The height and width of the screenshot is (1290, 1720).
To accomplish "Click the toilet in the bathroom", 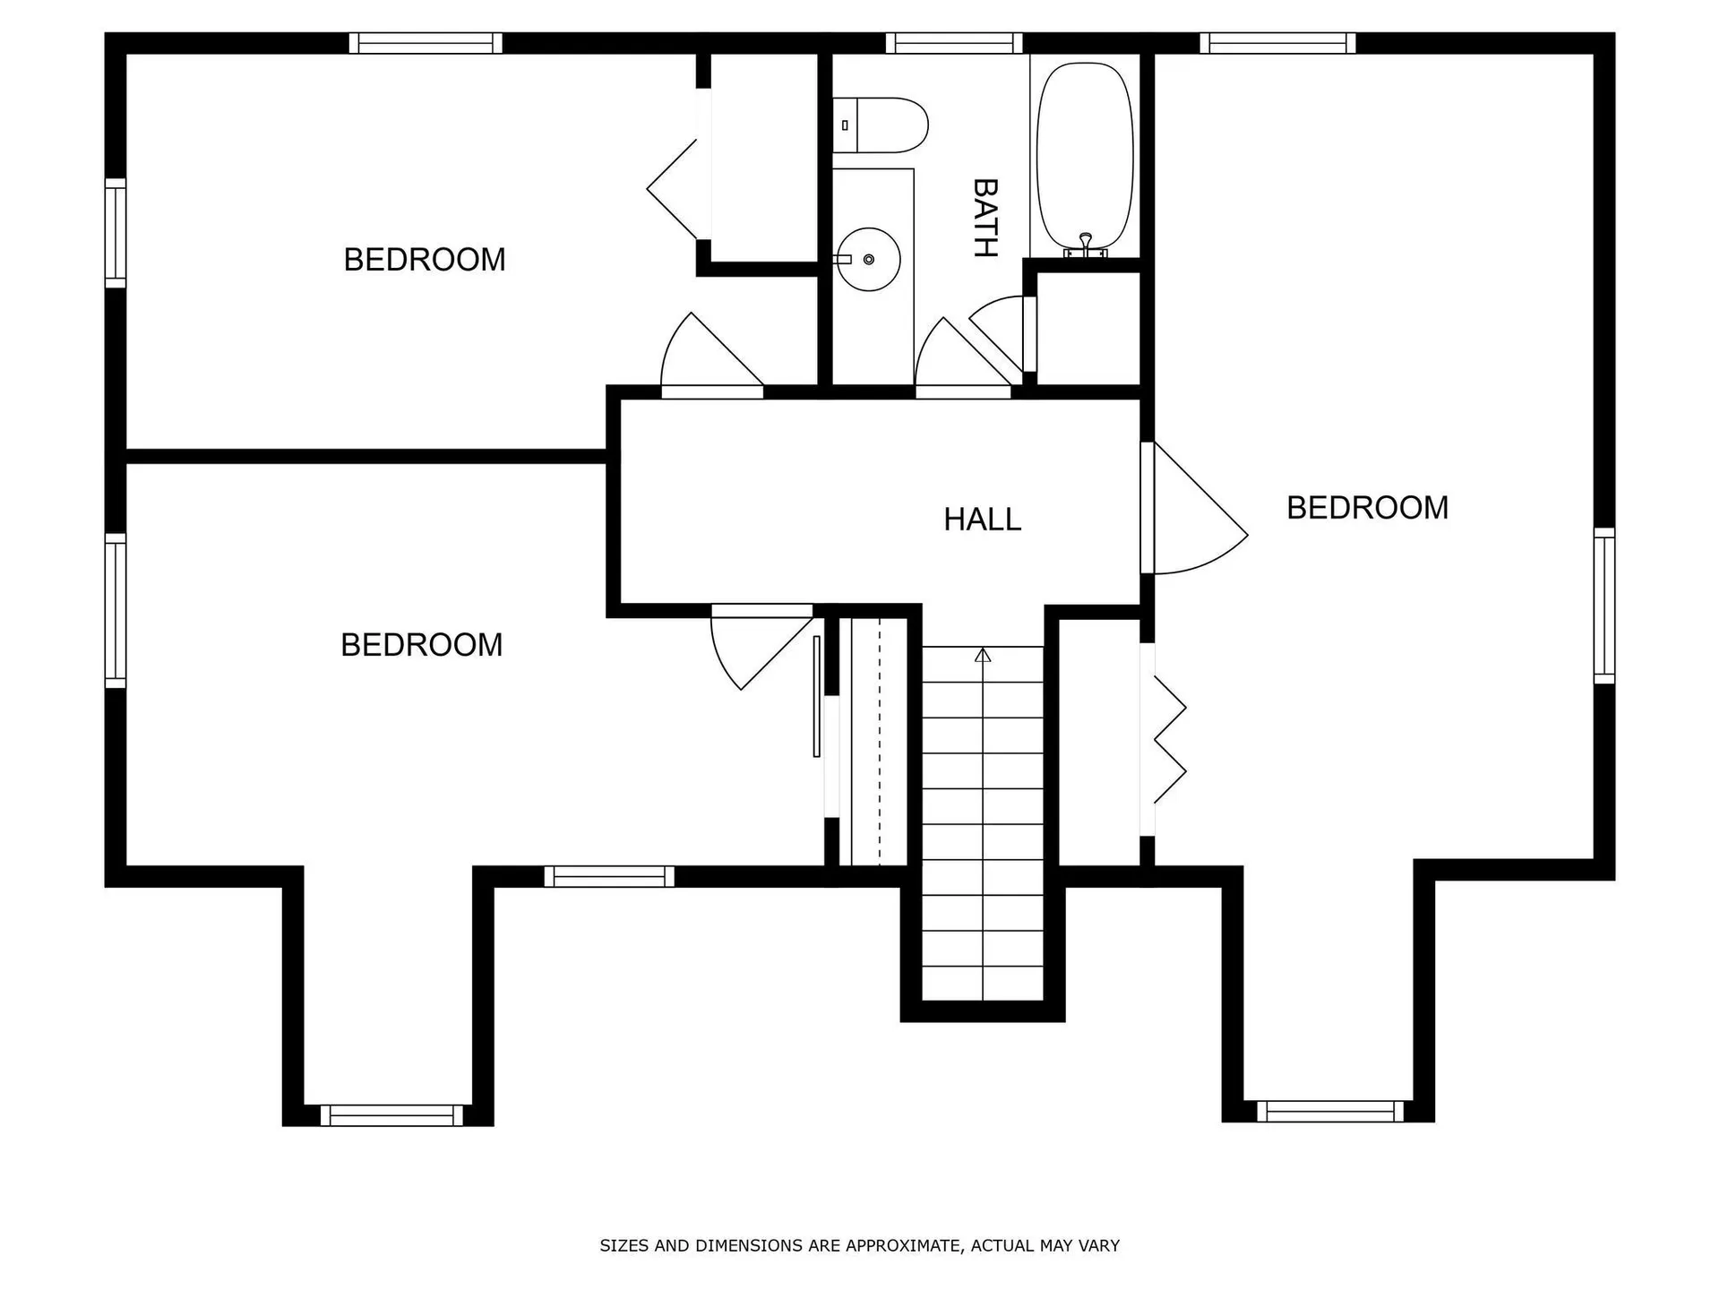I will [x=882, y=125].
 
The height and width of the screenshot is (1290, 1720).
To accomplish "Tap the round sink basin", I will [x=868, y=259].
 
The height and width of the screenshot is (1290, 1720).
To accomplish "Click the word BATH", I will [x=985, y=218].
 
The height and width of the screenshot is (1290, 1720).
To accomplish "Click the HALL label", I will [x=982, y=520].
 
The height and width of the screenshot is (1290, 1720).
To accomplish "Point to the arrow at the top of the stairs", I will [x=983, y=656].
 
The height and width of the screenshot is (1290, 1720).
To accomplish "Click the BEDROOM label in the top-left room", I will [x=425, y=260].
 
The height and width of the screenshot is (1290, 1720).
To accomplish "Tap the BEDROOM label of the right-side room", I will [x=1367, y=508].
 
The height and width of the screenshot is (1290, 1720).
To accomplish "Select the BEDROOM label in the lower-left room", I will [x=421, y=645].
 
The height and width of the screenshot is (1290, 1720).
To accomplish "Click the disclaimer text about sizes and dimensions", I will [x=859, y=1245].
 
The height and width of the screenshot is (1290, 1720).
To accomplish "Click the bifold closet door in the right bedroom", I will [x=1169, y=740].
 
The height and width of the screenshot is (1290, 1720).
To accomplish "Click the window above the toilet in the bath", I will [x=954, y=43].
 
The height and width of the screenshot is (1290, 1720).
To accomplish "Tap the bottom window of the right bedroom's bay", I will [x=1329, y=1111].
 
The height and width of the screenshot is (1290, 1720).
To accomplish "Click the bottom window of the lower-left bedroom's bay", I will [x=391, y=1115].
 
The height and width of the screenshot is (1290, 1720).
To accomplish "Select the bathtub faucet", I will [x=1085, y=244].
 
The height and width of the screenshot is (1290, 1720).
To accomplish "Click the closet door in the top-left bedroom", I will [x=676, y=189].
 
